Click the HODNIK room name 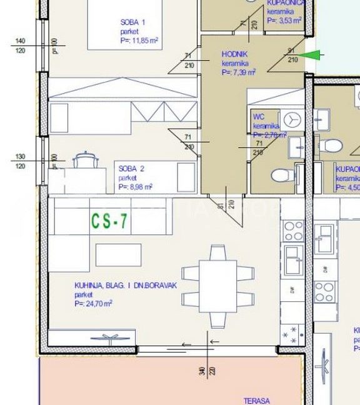[235, 54]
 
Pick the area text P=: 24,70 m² [92, 303]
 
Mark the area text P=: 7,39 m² [239, 72]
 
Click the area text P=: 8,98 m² [136, 186]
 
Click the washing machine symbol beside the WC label [291, 119]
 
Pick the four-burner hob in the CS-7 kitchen [292, 231]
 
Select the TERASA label [257, 401]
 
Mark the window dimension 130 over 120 [19, 161]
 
